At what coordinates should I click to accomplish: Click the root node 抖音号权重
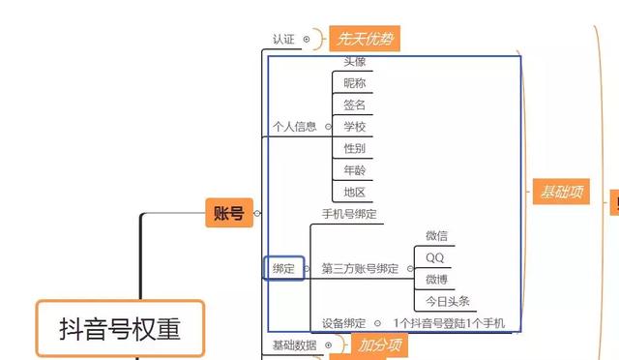pyautogui.click(x=120, y=328)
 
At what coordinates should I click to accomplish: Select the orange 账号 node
pyautogui.click(x=228, y=212)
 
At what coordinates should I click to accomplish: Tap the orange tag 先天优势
pyautogui.click(x=365, y=39)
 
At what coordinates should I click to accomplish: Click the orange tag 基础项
pyautogui.click(x=560, y=191)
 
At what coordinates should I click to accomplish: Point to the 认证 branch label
pyautogui.click(x=283, y=40)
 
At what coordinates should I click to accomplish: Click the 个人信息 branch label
pyautogui.click(x=294, y=126)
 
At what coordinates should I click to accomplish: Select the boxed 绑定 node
pyautogui.click(x=283, y=268)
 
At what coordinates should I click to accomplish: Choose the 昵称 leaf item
pyautogui.click(x=355, y=82)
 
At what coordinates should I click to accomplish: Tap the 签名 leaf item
pyautogui.click(x=355, y=105)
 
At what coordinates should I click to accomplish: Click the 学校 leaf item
pyautogui.click(x=355, y=126)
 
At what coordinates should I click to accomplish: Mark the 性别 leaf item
pyautogui.click(x=355, y=148)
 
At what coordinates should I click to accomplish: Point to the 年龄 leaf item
pyautogui.click(x=355, y=170)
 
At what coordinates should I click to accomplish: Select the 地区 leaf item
pyautogui.click(x=355, y=192)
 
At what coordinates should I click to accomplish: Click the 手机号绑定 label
pyautogui.click(x=348, y=214)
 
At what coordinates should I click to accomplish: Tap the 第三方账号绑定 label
pyautogui.click(x=360, y=268)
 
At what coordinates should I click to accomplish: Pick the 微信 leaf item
pyautogui.click(x=436, y=236)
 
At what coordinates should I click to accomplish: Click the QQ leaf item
pyautogui.click(x=434, y=257)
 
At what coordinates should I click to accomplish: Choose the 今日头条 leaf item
pyautogui.click(x=446, y=301)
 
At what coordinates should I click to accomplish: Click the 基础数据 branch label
pyautogui.click(x=293, y=345)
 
